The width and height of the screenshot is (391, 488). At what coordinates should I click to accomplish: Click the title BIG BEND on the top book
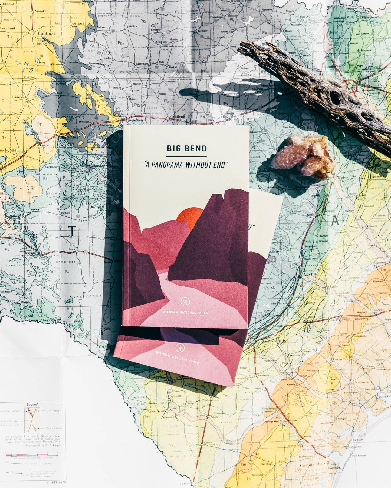click(187, 148)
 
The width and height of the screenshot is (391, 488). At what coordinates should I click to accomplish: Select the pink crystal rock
click(303, 156)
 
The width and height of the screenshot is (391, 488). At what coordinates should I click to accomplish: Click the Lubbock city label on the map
click(47, 34)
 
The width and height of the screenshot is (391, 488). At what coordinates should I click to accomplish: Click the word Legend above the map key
click(32, 404)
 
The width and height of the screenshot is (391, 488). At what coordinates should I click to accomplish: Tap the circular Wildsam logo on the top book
click(185, 302)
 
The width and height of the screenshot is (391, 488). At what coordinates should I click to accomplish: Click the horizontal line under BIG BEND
click(186, 157)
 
